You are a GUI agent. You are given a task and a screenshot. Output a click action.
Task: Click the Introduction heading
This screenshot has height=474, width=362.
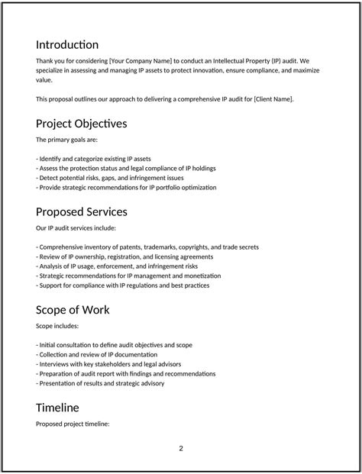click(67, 45)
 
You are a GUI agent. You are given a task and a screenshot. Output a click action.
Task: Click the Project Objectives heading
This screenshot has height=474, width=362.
click(82, 124)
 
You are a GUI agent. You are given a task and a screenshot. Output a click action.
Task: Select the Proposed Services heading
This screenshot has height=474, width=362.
click(82, 211)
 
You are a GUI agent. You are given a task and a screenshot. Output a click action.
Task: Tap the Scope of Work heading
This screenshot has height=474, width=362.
click(73, 310)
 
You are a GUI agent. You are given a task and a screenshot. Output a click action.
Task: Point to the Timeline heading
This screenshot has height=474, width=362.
click(57, 408)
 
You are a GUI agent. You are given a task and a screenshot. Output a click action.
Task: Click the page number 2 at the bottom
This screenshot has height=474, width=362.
click(181, 448)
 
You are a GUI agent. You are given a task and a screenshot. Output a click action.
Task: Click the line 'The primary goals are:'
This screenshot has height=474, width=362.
click(67, 140)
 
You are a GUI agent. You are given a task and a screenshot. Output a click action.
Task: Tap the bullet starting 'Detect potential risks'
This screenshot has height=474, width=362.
click(109, 178)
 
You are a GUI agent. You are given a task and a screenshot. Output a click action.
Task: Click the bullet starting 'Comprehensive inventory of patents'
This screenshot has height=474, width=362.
click(147, 247)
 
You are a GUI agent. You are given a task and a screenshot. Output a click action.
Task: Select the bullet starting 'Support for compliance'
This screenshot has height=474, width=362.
click(122, 285)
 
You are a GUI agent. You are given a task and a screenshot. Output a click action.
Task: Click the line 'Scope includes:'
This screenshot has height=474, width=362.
click(57, 326)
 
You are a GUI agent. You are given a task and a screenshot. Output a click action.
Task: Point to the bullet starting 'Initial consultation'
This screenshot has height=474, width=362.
click(114, 345)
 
